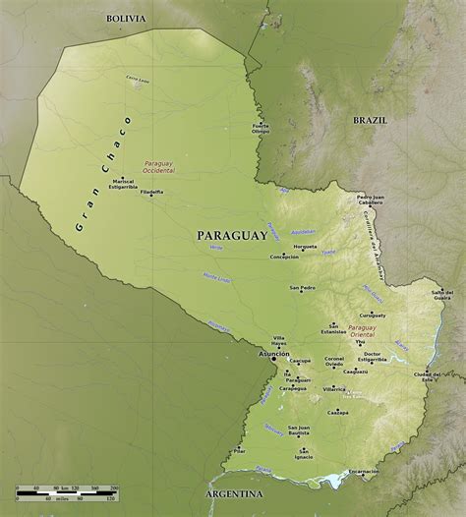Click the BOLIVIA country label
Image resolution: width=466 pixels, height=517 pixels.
pyautogui.click(x=126, y=18)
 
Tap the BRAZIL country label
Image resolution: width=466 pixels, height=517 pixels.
pyautogui.click(x=371, y=119)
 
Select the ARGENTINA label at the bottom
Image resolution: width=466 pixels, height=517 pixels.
pyautogui.click(x=235, y=492)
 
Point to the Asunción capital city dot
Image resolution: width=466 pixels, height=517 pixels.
pyautogui.click(x=274, y=359)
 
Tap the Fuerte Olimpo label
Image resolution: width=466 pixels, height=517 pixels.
pyautogui.click(x=261, y=128)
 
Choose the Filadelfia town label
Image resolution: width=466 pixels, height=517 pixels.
pyautogui.click(x=152, y=192)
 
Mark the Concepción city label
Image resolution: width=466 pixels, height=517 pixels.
pyautogui.click(x=284, y=257)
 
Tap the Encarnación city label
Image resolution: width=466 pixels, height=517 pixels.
pyautogui.click(x=362, y=472)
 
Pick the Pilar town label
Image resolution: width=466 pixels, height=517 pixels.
pyautogui.click(x=239, y=451)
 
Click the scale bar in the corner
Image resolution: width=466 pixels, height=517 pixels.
pyautogui.click(x=66, y=491)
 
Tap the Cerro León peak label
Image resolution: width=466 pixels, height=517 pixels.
pyautogui.click(x=138, y=78)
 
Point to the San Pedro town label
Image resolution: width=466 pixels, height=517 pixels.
pyautogui.click(x=302, y=288)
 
